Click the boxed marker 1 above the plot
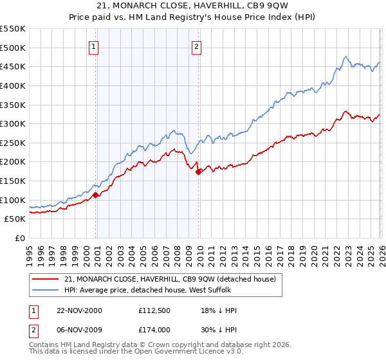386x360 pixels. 94,46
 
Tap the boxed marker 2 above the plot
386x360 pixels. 196,46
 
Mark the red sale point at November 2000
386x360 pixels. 96,195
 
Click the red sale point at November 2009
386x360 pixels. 198,171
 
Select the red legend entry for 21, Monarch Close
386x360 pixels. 170,278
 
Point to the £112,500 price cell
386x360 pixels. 158,310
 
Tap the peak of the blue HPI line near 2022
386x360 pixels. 346,57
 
